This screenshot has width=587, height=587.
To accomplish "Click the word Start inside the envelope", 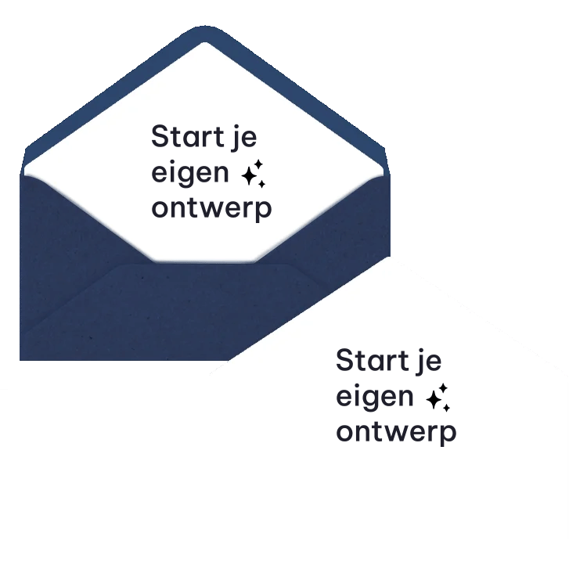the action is coord(188,136).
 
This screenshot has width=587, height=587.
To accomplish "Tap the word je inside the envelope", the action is coord(243,139).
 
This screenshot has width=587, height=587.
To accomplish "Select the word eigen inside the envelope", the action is coord(190,174).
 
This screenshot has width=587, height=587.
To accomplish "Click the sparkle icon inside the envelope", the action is coord(254,173).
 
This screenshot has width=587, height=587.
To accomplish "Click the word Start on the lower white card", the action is coord(372,360).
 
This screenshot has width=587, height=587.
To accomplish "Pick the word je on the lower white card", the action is coord(429,362).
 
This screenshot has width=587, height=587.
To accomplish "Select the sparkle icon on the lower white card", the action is coord(438,397).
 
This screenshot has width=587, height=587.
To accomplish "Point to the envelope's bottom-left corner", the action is coord(20,360).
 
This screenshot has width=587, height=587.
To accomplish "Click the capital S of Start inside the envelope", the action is coord(160,136).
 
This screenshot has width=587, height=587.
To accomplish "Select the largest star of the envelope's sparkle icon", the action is coord(250,175).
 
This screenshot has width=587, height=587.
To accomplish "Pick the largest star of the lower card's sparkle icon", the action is coord(434,399).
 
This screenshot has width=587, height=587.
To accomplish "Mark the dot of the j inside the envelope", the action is coord(236,128).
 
